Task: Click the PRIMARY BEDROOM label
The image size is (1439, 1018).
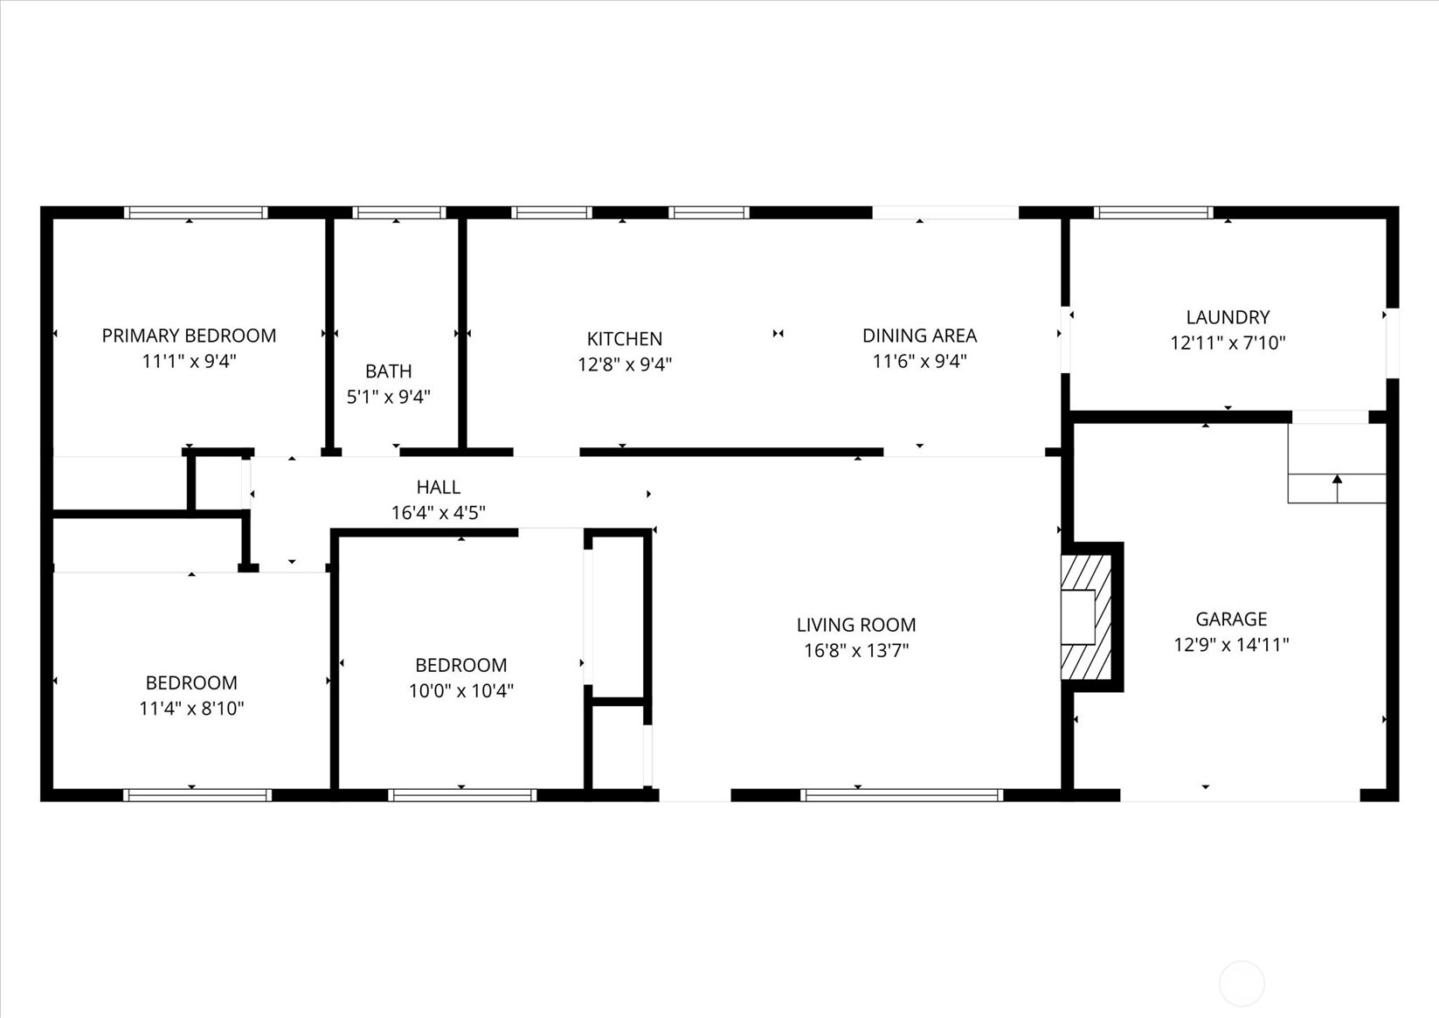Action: (189, 336)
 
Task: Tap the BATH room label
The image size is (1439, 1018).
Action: (389, 371)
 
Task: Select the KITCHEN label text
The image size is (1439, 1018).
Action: (625, 339)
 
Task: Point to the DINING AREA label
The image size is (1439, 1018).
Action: (919, 336)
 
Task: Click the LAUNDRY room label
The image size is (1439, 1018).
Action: (1228, 317)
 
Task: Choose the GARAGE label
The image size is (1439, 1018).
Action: (1231, 620)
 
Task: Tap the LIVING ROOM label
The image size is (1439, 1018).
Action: (856, 625)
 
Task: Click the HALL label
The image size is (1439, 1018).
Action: (438, 488)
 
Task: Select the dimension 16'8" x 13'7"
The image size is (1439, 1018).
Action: (856, 650)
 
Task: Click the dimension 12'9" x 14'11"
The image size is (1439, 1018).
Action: (1231, 645)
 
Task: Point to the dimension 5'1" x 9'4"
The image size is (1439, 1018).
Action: (389, 397)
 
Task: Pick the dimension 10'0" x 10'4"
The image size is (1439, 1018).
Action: (461, 690)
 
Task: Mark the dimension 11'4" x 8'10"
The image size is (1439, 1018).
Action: (191, 708)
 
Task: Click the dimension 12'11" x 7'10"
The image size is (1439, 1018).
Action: (1228, 343)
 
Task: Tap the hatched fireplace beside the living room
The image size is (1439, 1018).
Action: (1086, 617)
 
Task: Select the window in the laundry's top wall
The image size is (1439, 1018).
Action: (1153, 212)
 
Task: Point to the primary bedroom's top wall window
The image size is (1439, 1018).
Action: (195, 212)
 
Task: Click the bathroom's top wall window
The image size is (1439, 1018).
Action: (399, 212)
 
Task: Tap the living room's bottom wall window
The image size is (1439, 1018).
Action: (902, 795)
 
